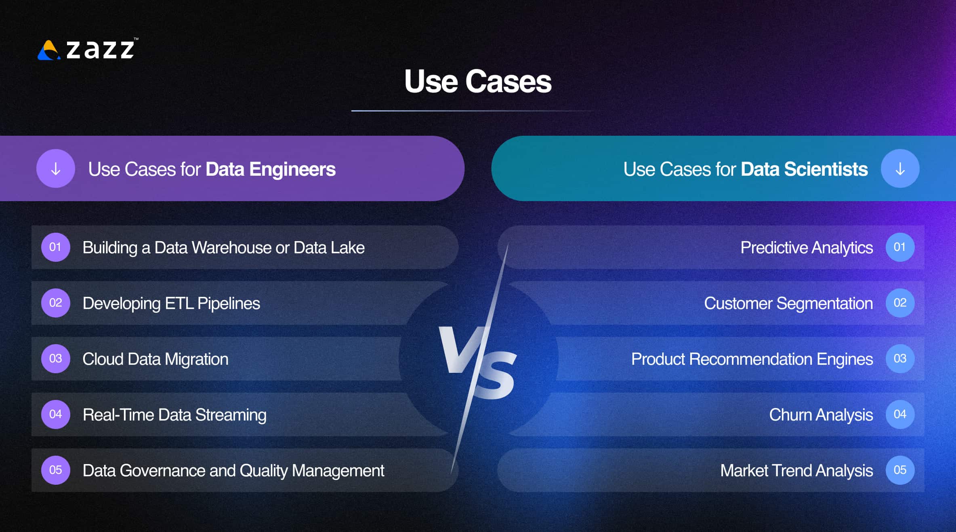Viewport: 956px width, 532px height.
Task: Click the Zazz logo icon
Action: pyautogui.click(x=48, y=50)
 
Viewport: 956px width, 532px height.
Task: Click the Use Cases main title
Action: pyautogui.click(x=477, y=82)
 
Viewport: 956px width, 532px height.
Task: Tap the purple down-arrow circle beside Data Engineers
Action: pyautogui.click(x=56, y=169)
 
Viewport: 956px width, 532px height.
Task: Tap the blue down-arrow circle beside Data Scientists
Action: pyautogui.click(x=900, y=169)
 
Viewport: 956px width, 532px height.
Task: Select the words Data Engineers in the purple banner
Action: pyautogui.click(x=270, y=169)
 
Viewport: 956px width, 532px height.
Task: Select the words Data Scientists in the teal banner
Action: pyautogui.click(x=804, y=169)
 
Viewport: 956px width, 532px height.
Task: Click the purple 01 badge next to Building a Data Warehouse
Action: pyautogui.click(x=56, y=247)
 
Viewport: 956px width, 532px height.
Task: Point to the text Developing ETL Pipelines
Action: pyautogui.click(x=171, y=303)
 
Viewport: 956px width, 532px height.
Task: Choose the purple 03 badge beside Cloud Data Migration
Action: pyautogui.click(x=56, y=359)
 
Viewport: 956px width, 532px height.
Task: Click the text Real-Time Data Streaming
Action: pyautogui.click(x=174, y=415)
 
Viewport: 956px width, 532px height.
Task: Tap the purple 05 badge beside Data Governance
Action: pyautogui.click(x=56, y=470)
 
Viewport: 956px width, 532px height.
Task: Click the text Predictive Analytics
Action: pyautogui.click(x=806, y=248)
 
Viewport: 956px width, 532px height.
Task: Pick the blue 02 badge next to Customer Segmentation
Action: pyautogui.click(x=900, y=303)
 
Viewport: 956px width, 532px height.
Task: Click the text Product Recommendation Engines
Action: pyautogui.click(x=752, y=359)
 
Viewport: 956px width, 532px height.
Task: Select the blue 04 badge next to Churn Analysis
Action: pyautogui.click(x=900, y=414)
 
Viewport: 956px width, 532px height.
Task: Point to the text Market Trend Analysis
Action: pyautogui.click(x=796, y=471)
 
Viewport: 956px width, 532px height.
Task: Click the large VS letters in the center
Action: pyautogui.click(x=477, y=362)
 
